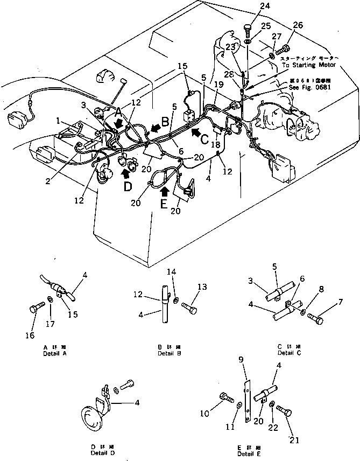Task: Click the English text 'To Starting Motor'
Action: coord(309,65)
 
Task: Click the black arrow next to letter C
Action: coord(197,130)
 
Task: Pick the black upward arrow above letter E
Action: coord(165,191)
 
